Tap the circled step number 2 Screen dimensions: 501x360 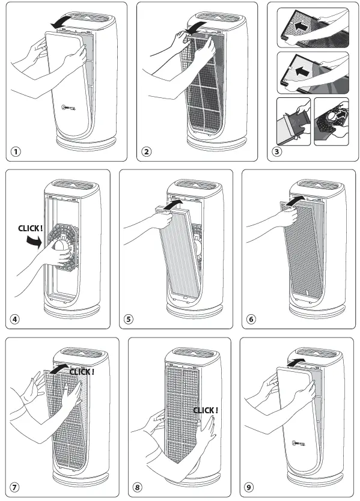147,151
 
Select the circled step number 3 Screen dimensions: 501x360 276,151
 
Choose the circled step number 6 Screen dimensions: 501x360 251,319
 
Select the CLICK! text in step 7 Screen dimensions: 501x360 82,372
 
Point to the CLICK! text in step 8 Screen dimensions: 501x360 206,410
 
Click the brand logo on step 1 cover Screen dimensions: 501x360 71,109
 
